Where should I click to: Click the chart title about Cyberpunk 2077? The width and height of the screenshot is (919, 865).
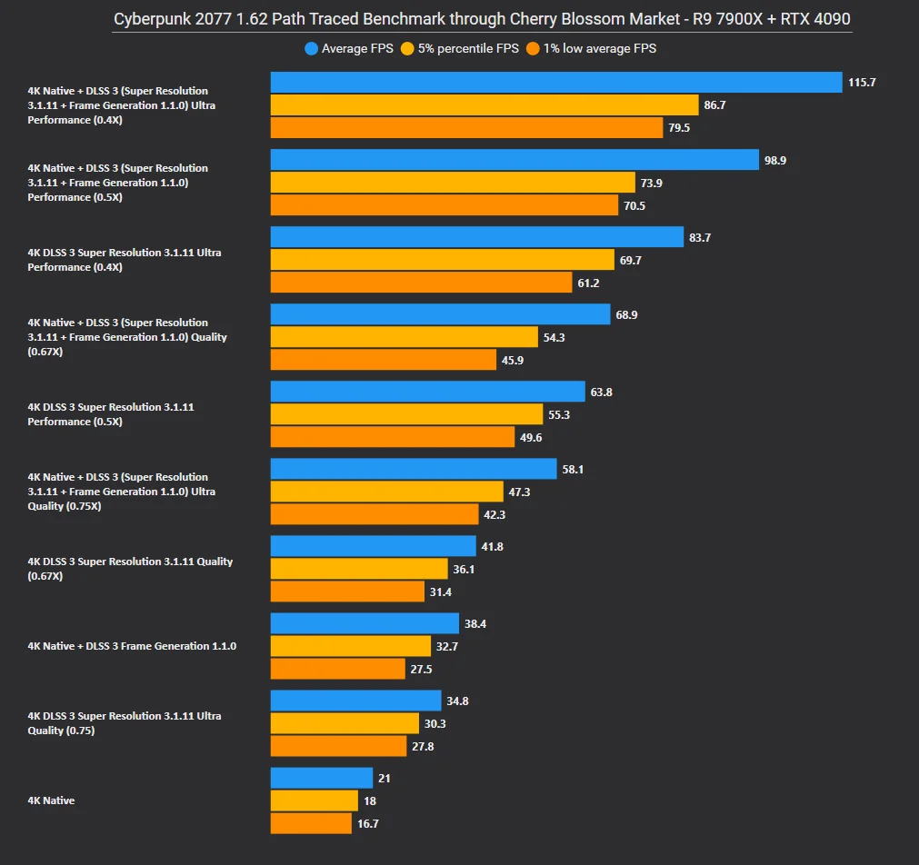click(482, 19)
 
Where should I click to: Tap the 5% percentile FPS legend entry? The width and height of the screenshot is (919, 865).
click(463, 48)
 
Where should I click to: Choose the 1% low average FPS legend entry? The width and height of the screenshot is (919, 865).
click(593, 48)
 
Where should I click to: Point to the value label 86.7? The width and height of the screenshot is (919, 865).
click(714, 105)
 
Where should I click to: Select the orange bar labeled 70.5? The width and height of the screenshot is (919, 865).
click(445, 205)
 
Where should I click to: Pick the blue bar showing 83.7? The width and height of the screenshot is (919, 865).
click(477, 237)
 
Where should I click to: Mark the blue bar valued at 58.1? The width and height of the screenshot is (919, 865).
click(414, 469)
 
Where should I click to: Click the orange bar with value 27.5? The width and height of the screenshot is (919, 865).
click(337, 669)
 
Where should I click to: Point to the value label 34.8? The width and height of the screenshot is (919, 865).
click(457, 701)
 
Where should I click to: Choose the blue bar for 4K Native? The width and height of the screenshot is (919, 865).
click(322, 779)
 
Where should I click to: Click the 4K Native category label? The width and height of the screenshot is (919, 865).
click(51, 800)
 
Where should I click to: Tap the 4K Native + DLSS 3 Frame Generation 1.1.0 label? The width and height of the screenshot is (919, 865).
click(132, 646)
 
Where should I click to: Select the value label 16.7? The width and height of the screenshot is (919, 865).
click(368, 823)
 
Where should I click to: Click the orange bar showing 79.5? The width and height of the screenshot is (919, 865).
click(466, 128)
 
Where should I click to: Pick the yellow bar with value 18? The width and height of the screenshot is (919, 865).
click(315, 800)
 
